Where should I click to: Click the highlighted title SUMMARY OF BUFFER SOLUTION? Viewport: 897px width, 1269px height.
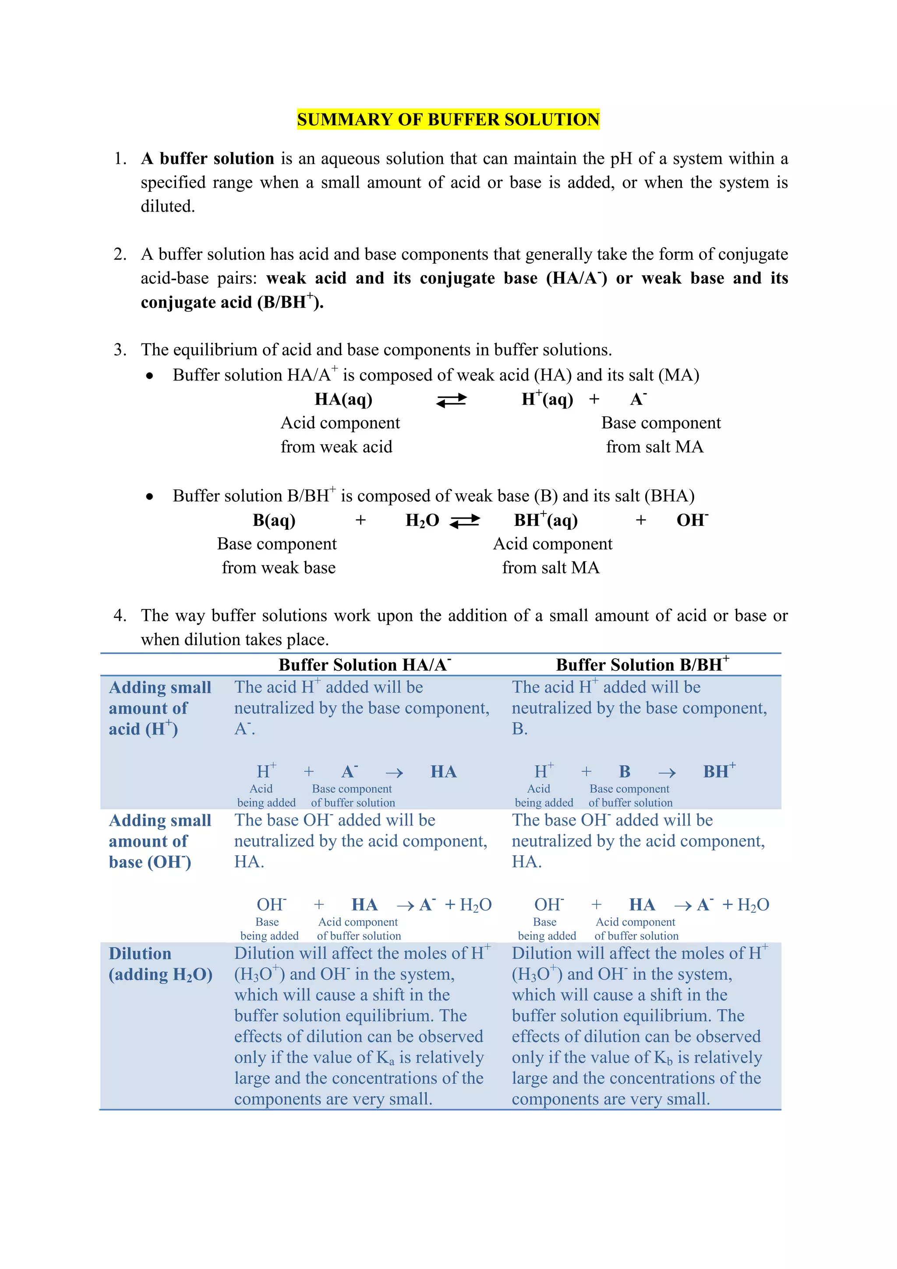pos(448,119)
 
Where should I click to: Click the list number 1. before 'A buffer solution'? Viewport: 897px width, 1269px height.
pos(120,159)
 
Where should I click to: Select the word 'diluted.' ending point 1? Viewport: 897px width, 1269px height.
pos(167,206)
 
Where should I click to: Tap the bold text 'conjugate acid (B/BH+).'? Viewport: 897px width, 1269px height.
pos(232,302)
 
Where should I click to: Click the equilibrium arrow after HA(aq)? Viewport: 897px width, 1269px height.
pos(451,400)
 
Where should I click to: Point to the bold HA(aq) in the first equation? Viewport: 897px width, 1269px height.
pos(343,399)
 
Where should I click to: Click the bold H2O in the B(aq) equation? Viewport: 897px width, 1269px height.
pos(422,520)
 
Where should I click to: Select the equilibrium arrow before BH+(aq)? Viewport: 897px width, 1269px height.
pos(465,521)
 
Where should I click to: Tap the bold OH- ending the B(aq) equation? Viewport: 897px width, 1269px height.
pos(692,520)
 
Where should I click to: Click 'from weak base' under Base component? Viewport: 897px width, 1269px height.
pos(279,567)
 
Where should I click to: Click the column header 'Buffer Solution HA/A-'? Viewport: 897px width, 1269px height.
pos(364,664)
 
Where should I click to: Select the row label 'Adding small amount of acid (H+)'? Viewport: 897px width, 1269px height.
pos(159,708)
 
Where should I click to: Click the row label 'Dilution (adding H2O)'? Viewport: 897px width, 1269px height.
pos(160,964)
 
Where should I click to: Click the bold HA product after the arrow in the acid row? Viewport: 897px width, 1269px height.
pos(444,772)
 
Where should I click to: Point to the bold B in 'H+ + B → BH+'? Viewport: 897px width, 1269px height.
pos(625,772)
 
